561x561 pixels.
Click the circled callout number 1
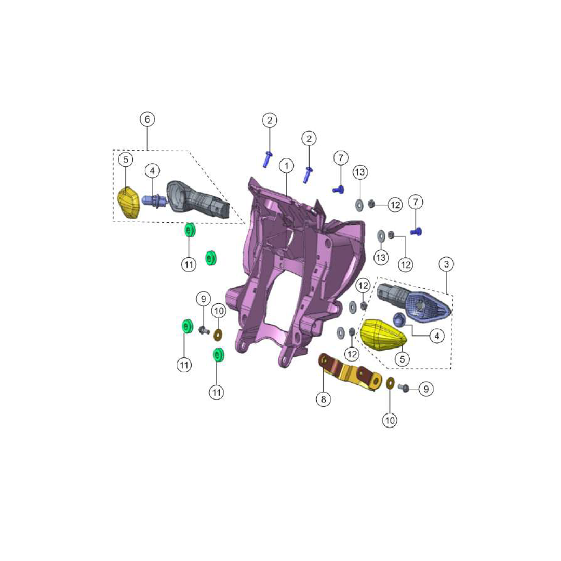click(286, 166)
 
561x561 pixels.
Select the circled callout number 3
click(446, 264)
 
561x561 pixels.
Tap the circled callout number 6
click(148, 119)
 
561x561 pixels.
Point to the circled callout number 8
click(324, 399)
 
